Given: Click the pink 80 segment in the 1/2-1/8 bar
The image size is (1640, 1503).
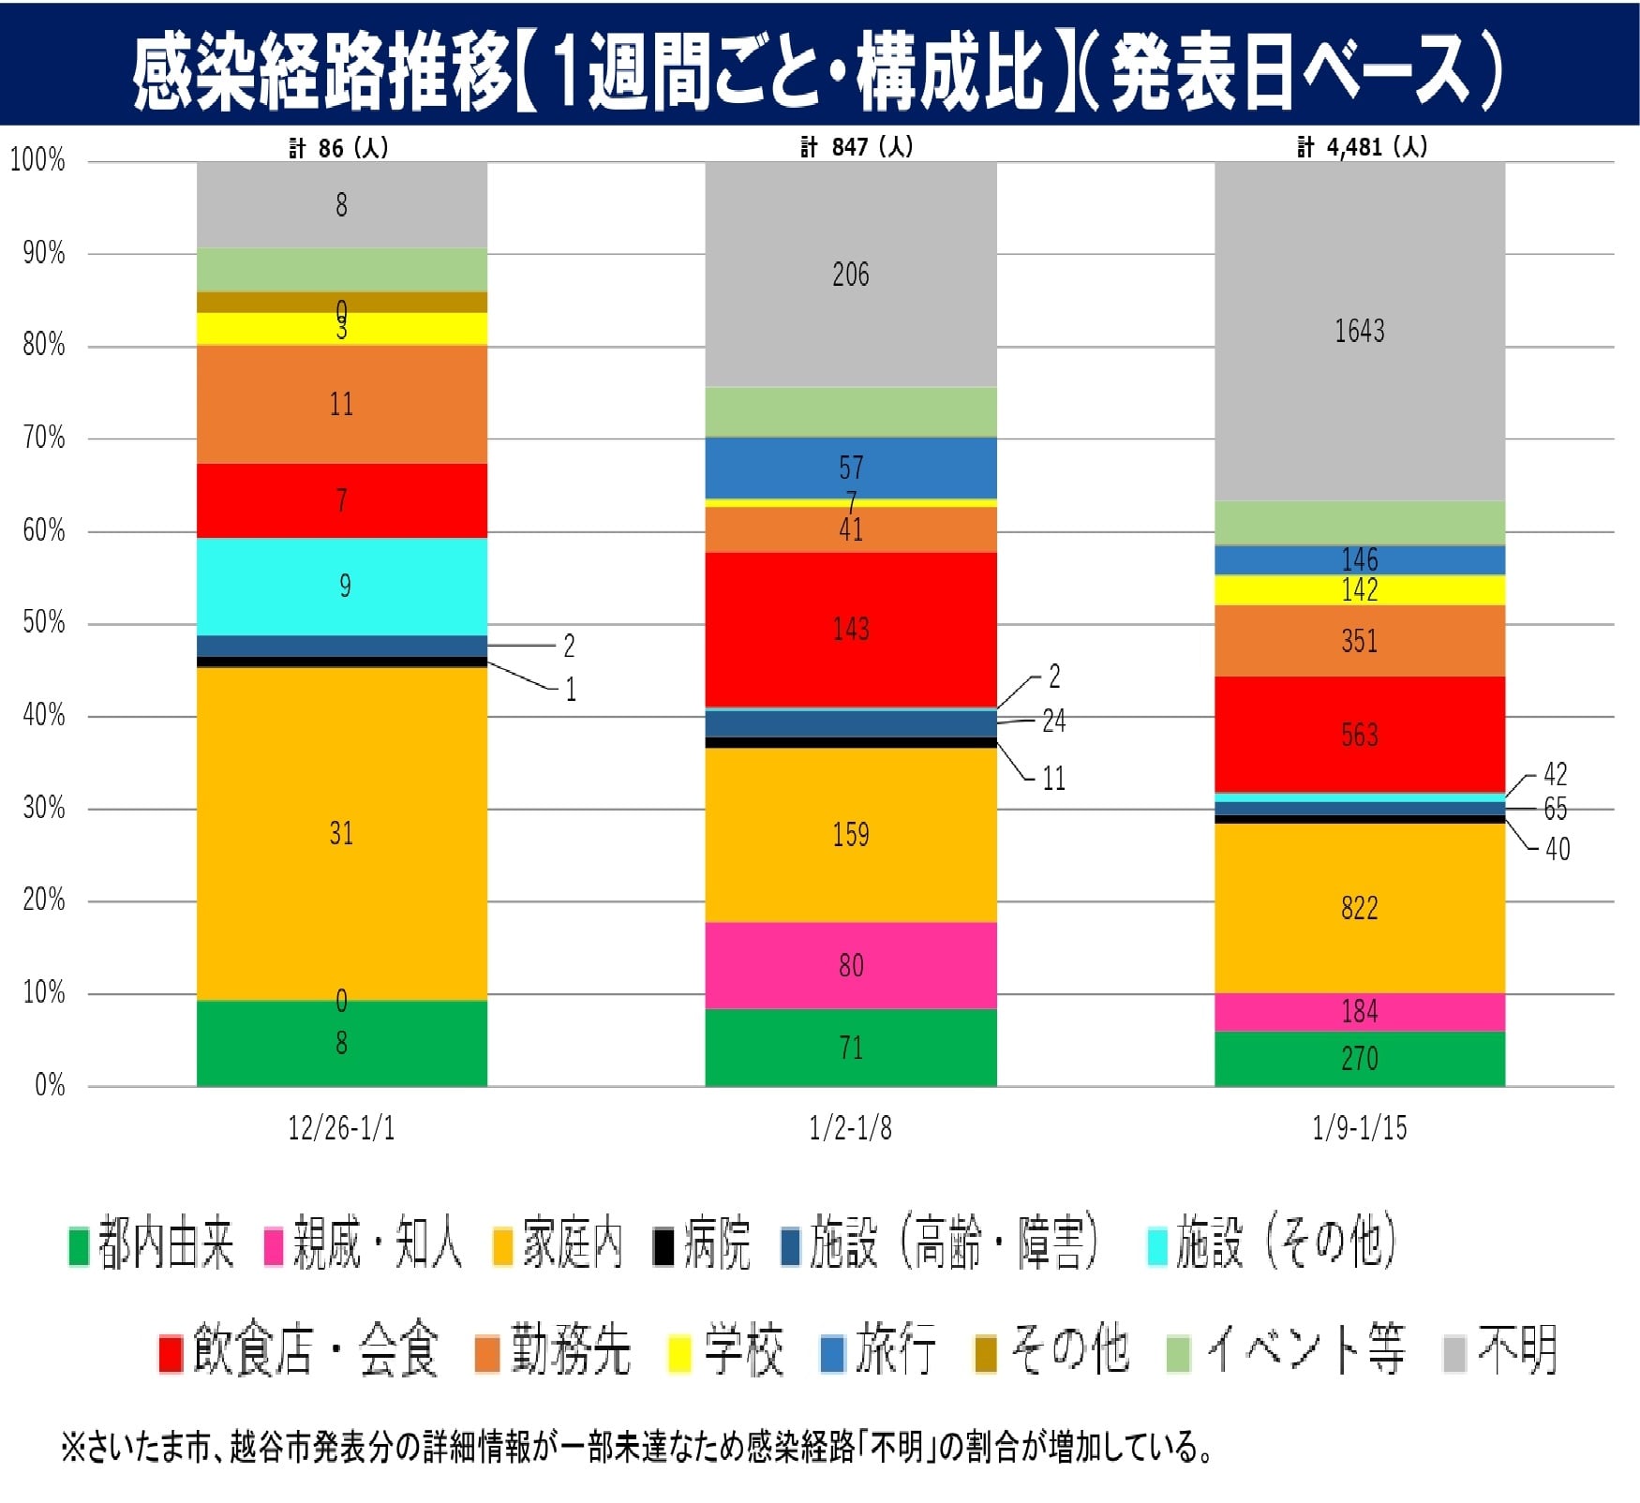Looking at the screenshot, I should point(850,965).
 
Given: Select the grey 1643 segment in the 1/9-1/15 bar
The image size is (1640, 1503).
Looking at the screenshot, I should point(1359,331).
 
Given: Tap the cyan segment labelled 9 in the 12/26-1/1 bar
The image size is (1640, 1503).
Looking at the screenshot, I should point(342,587).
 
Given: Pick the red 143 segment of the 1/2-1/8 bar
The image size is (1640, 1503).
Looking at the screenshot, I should point(850,629).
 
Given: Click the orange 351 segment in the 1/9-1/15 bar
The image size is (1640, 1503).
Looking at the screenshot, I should point(1359,641).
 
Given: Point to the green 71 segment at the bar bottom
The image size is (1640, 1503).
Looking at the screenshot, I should point(850,1047).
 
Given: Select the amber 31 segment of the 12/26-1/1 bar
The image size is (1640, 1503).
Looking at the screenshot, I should point(342,833).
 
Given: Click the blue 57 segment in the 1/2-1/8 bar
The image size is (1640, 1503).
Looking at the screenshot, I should point(850,468).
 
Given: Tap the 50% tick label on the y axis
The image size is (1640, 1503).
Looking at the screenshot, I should point(43,623).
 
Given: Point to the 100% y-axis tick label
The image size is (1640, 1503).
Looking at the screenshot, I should point(37,160).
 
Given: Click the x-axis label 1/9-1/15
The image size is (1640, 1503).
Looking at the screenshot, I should point(1359,1127).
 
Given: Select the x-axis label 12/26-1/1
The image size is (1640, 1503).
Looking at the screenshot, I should point(342,1127).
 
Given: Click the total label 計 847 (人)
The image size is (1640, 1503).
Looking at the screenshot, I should point(856,147).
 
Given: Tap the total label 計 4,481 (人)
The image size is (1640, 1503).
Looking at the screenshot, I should point(1362,147).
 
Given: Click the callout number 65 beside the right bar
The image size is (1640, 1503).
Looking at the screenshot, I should point(1555,809).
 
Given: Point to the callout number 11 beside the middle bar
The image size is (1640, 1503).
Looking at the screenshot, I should point(1053,779).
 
